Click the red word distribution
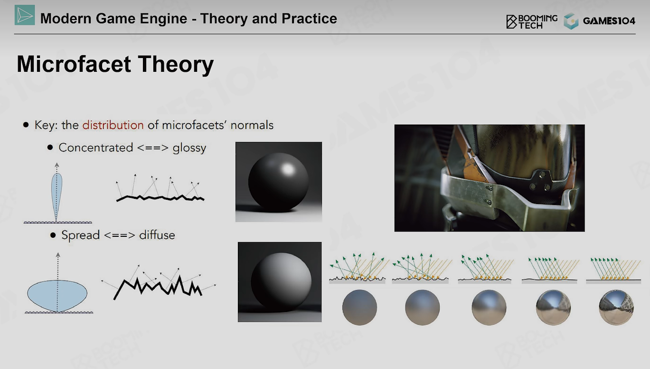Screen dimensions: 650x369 [x=113, y=125]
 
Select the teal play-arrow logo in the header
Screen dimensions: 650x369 [x=25, y=15]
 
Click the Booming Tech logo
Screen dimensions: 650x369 [x=532, y=21]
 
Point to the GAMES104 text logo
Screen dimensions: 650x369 [x=609, y=21]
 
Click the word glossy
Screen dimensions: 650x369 [x=189, y=148]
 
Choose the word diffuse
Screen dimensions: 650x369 [x=157, y=235]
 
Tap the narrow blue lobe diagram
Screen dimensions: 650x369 [x=57, y=196]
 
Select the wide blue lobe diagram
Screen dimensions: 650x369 [x=57, y=295]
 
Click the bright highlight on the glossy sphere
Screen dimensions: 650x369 [x=288, y=169]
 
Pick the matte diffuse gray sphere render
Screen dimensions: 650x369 [x=281, y=281]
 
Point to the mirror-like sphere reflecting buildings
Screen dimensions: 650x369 [x=616, y=307]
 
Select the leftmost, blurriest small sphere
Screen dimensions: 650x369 [x=359, y=307]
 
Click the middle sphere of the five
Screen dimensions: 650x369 [x=489, y=307]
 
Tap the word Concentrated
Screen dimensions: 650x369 [x=96, y=147]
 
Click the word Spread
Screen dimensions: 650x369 [x=80, y=235]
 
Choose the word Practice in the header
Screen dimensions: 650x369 [x=309, y=19]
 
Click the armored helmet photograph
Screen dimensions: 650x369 [x=489, y=178]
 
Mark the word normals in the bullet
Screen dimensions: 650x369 [x=252, y=125]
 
